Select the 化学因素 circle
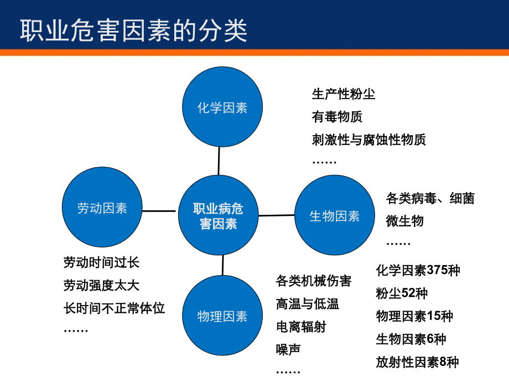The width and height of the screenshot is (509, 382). [222, 107]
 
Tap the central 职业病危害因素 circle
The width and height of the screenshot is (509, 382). [218, 216]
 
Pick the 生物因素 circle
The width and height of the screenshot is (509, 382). [335, 216]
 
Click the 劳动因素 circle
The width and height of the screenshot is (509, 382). [102, 208]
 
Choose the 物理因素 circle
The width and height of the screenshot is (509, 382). [222, 316]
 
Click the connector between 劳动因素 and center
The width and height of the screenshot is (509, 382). [159, 210]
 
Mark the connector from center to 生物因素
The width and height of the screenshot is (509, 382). [277, 215]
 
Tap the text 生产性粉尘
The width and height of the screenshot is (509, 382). [344, 94]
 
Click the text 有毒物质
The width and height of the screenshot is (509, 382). [337, 117]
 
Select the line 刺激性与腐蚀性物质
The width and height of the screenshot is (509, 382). [369, 140]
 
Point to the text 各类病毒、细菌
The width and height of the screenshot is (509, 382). [430, 198]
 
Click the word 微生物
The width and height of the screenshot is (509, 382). [405, 221]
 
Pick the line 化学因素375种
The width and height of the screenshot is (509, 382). [418, 270]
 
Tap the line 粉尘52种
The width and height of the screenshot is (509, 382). [402, 293]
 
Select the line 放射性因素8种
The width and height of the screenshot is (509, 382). [417, 362]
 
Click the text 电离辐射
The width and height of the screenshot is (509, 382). [301, 327]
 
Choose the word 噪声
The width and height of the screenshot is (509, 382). [288, 349]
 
